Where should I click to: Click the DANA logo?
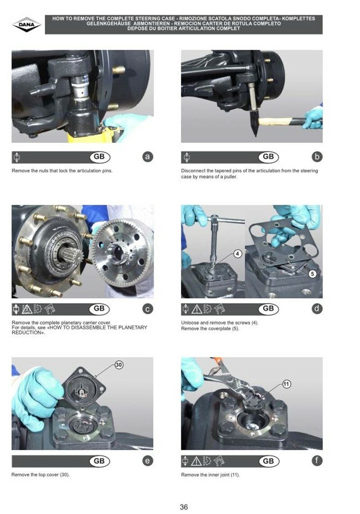(27, 25)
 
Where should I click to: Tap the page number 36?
(184, 507)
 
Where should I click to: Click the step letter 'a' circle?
(148, 157)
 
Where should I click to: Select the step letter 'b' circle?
(317, 157)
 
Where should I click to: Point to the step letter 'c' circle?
(148, 309)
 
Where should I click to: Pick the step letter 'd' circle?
(317, 309)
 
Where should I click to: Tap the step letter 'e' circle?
(148, 461)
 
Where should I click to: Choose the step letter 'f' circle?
(317, 461)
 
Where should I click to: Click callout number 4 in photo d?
(238, 253)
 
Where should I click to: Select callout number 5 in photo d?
(312, 274)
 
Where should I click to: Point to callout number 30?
(119, 365)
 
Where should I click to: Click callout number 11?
(286, 384)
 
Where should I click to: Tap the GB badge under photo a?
(99, 157)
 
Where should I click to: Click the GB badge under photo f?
(269, 461)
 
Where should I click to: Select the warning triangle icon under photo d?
(197, 309)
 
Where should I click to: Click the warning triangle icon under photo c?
(27, 309)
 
